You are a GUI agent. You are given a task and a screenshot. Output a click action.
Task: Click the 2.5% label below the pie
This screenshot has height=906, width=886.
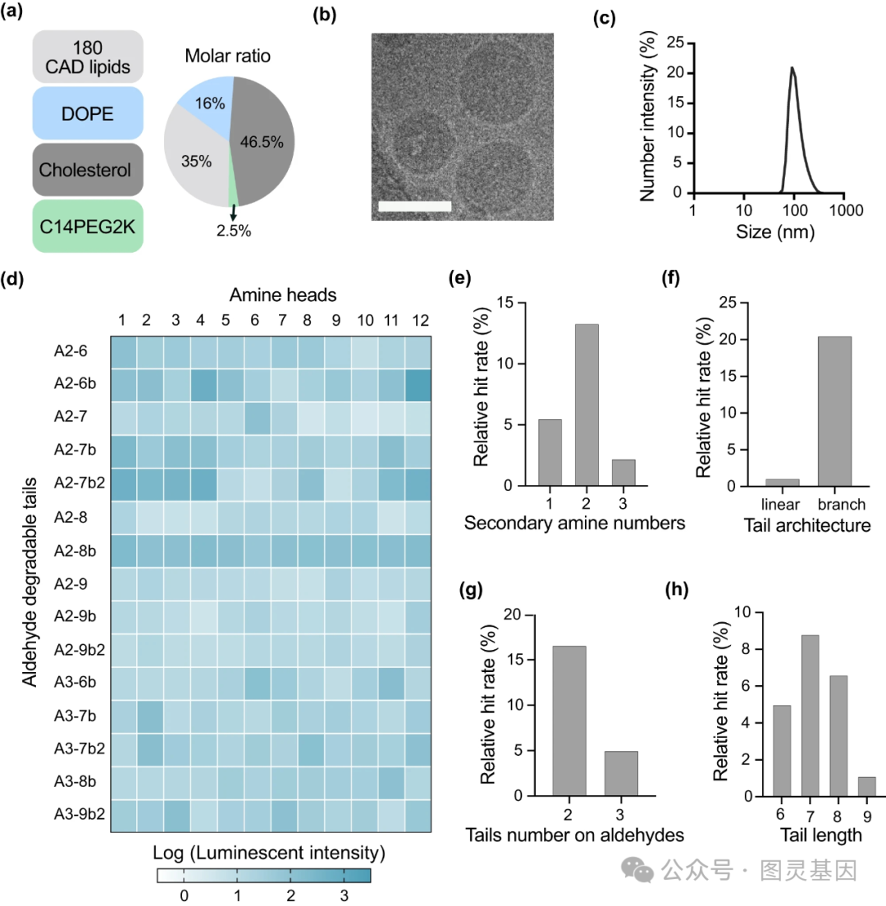pyautogui.click(x=234, y=231)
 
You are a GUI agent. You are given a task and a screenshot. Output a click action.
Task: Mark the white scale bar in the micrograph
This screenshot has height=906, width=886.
pyautogui.click(x=415, y=205)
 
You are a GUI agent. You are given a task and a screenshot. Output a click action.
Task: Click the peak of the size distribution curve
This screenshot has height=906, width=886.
pyautogui.click(x=792, y=69)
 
